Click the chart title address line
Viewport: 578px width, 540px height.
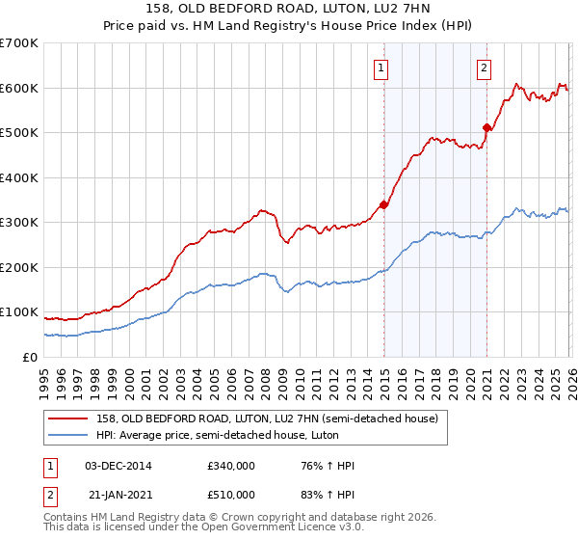click(289, 9)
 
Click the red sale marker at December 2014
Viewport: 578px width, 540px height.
click(383, 204)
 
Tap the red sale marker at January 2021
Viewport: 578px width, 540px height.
click(486, 127)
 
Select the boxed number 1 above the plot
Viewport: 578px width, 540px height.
click(382, 68)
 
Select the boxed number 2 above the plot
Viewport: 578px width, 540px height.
click(484, 68)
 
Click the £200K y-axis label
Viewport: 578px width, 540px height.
click(19, 267)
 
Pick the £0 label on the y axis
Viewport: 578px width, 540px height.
click(29, 357)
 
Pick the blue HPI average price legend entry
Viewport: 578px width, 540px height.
click(244, 435)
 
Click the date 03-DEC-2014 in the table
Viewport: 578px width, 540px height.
click(118, 466)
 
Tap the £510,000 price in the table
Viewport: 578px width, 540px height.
click(231, 494)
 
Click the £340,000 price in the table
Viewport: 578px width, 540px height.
click(231, 466)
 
